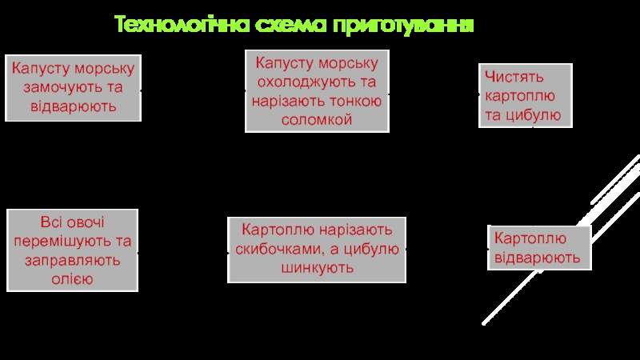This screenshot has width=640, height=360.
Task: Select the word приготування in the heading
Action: (404, 26)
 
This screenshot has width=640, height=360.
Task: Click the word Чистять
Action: (514, 78)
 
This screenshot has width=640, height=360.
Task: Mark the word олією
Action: (73, 278)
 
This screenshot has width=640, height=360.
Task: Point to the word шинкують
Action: (317, 267)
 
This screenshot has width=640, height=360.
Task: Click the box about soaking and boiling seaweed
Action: (73, 87)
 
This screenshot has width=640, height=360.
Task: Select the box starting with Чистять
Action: (526, 96)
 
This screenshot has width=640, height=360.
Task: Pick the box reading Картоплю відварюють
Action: (538, 248)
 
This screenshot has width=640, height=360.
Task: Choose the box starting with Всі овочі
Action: (73, 250)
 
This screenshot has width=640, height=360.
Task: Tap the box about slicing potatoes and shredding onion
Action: (317, 249)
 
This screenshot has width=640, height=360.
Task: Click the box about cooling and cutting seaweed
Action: (317, 92)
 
